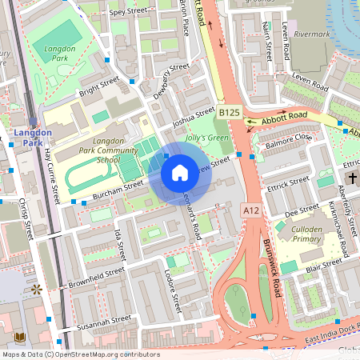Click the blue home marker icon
(180, 172)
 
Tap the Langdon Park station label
(33, 138)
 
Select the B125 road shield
(230, 113)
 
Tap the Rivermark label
(311, 34)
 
